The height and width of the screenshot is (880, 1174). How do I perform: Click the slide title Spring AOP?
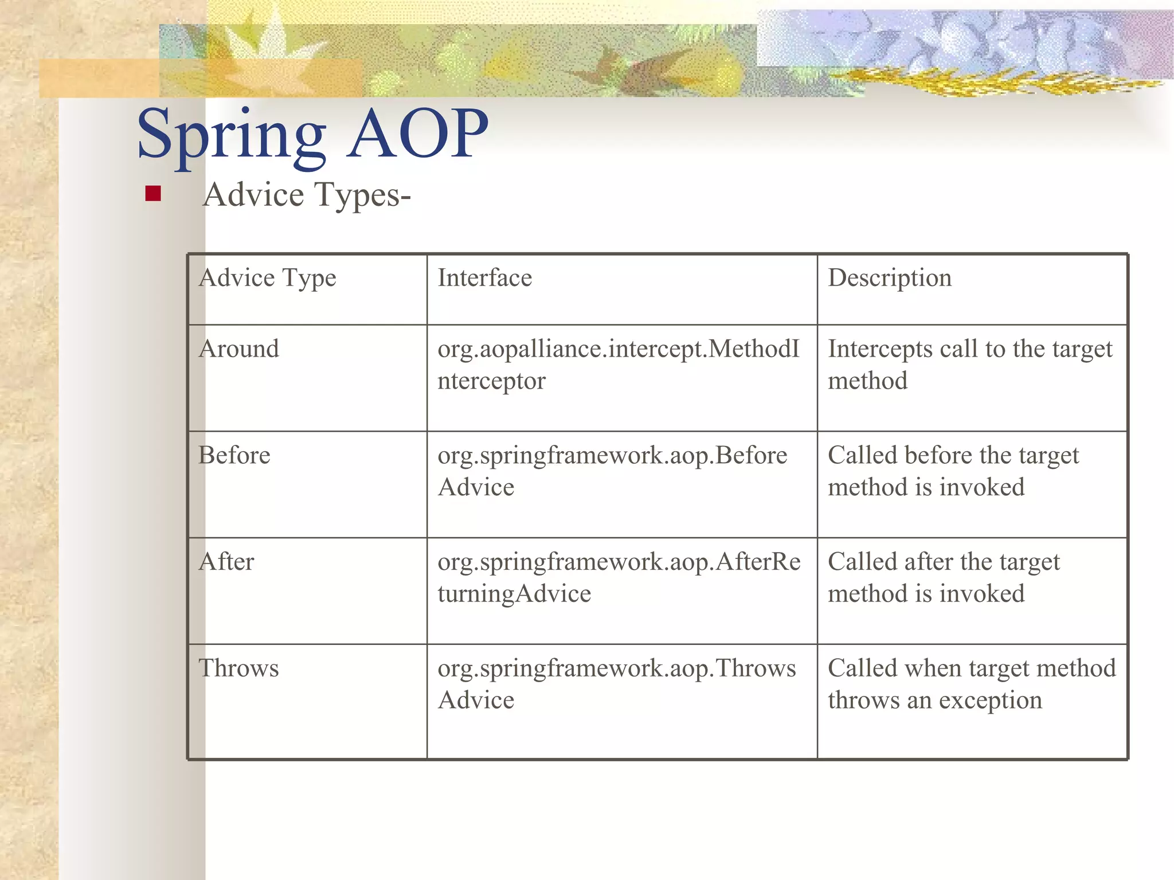312,135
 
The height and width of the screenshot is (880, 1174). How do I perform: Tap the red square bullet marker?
153,194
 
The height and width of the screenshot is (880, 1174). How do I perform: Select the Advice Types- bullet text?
307,195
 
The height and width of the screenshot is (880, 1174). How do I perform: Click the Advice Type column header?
267,278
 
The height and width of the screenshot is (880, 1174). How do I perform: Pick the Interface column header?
485,278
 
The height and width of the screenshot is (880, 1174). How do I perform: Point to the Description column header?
890,278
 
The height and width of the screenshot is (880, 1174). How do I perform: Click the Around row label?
239,349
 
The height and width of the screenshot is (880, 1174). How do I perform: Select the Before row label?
234,455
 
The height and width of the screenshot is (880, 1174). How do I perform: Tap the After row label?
226,562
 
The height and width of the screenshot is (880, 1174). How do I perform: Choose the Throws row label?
239,668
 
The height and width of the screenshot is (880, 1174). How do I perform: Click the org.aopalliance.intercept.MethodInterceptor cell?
618,365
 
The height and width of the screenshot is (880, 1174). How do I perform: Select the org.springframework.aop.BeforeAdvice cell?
612,471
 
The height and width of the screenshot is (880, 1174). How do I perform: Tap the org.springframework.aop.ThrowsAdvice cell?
617,684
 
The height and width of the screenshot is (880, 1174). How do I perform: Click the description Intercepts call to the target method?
970,365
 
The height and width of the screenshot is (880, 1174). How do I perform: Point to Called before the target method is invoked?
953,471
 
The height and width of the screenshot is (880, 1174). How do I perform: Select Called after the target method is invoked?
944,577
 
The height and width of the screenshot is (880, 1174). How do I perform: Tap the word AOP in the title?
418,135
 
